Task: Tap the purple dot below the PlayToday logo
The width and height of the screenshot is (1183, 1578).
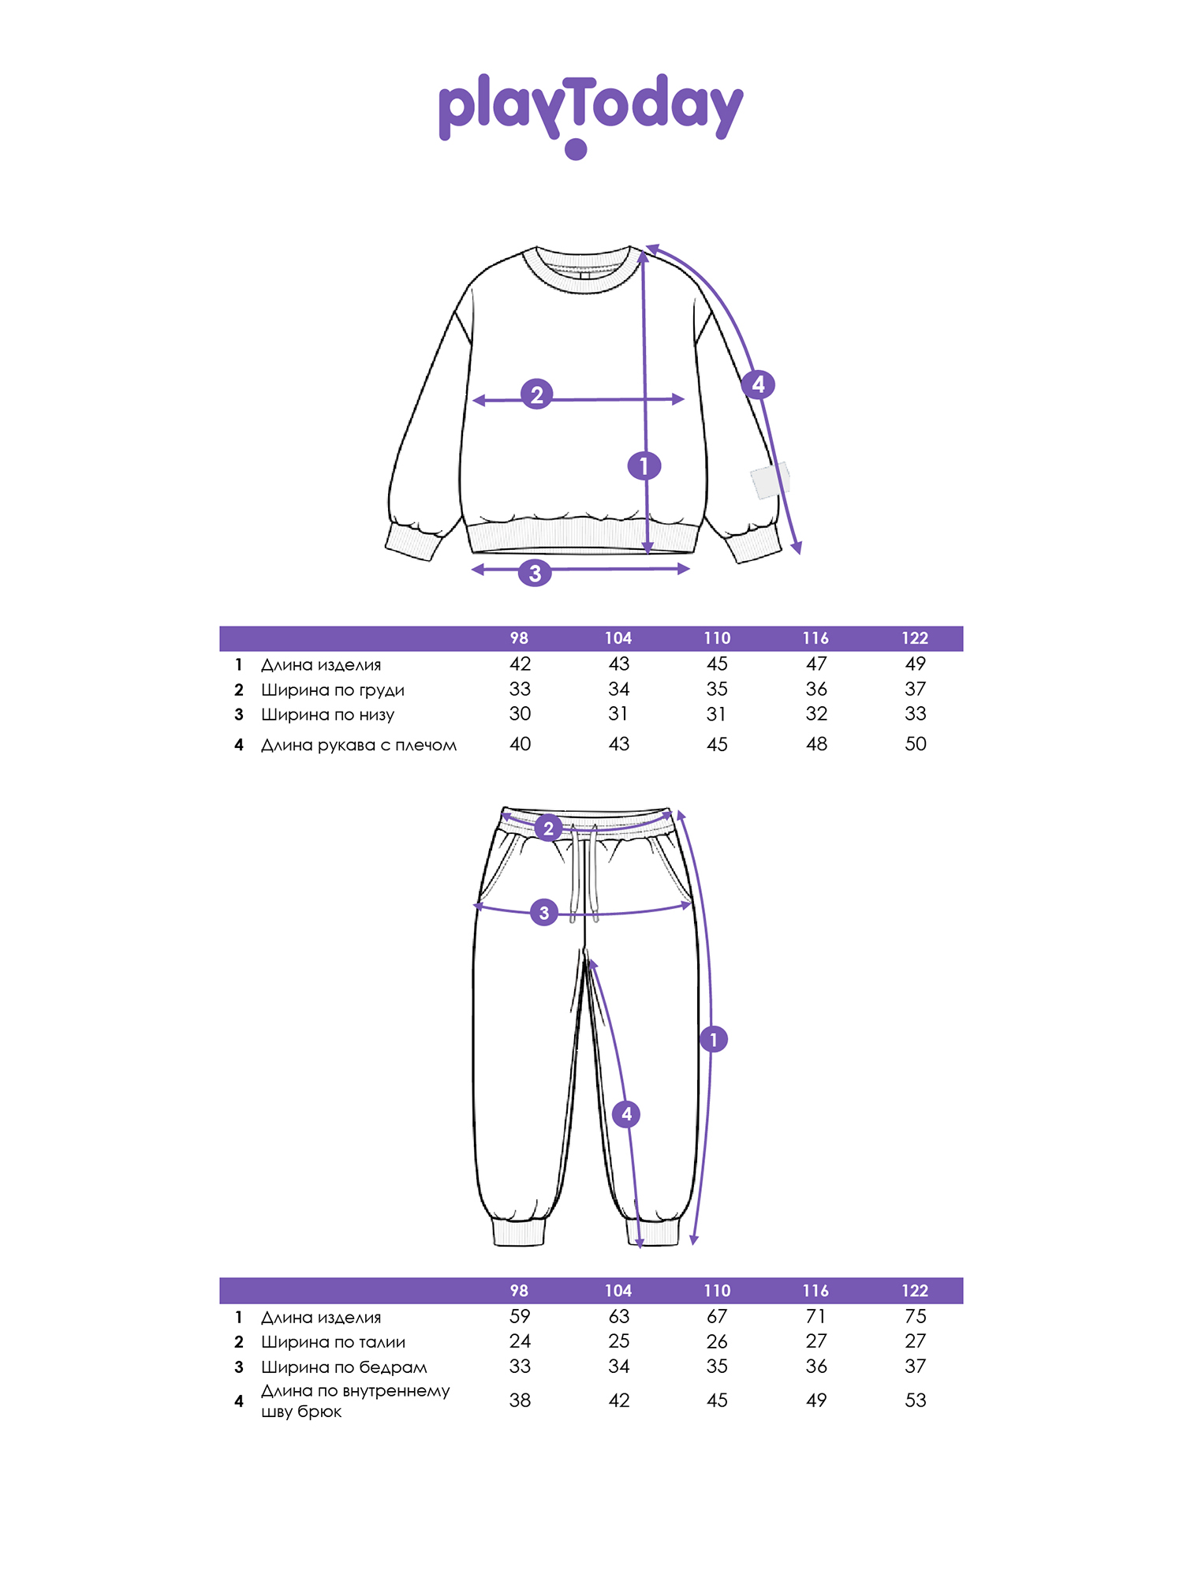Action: pyautogui.click(x=577, y=149)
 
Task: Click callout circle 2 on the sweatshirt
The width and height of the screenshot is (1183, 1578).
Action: pyautogui.click(x=536, y=394)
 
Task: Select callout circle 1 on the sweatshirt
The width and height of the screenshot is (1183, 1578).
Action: pyautogui.click(x=644, y=466)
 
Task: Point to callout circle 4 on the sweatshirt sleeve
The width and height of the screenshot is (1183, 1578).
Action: pyautogui.click(x=758, y=384)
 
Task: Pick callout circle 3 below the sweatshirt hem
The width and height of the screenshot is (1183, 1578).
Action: pyautogui.click(x=535, y=572)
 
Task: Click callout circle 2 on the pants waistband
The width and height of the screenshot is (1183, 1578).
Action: pyautogui.click(x=548, y=828)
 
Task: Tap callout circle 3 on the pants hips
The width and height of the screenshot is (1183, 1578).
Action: pyautogui.click(x=543, y=913)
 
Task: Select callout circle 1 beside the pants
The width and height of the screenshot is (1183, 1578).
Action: pyautogui.click(x=714, y=1039)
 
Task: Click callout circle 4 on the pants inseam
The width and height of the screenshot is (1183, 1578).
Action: pyautogui.click(x=626, y=1114)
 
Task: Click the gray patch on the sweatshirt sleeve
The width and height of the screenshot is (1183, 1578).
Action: pyautogui.click(x=770, y=481)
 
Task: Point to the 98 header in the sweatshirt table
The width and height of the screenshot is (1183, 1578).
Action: pyautogui.click(x=519, y=638)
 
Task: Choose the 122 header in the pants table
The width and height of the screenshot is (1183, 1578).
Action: pyautogui.click(x=915, y=1291)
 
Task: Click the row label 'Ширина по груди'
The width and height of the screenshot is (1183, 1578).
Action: pyautogui.click(x=333, y=690)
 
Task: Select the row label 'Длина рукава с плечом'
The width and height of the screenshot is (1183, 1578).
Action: pyautogui.click(x=359, y=745)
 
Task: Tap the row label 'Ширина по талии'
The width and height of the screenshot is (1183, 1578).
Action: pyautogui.click(x=334, y=1342)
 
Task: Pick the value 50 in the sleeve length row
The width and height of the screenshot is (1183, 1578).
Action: pyautogui.click(x=916, y=744)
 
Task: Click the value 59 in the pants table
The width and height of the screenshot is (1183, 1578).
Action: pyautogui.click(x=520, y=1316)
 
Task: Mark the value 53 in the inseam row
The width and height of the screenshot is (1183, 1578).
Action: pyautogui.click(x=916, y=1400)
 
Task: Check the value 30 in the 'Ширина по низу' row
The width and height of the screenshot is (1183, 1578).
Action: pyautogui.click(x=520, y=714)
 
